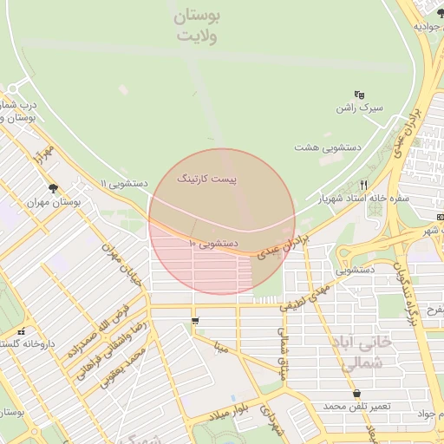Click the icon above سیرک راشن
[x=359, y=95]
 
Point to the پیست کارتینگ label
[x=206, y=178]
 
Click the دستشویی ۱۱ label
[x=125, y=184]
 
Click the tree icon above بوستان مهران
[x=55, y=186]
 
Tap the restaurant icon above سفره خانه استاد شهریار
[x=364, y=185]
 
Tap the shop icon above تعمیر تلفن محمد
[x=356, y=394]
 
